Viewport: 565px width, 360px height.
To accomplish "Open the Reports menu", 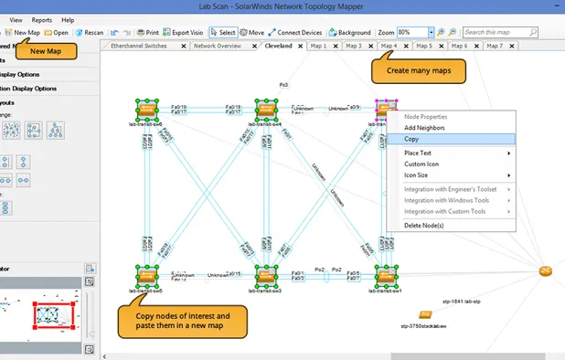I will pyautogui.click(x=42, y=19).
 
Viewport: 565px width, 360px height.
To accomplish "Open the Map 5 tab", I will pyautogui.click(x=423, y=45).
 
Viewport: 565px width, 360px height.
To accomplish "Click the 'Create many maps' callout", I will pyautogui.click(x=417, y=69).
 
